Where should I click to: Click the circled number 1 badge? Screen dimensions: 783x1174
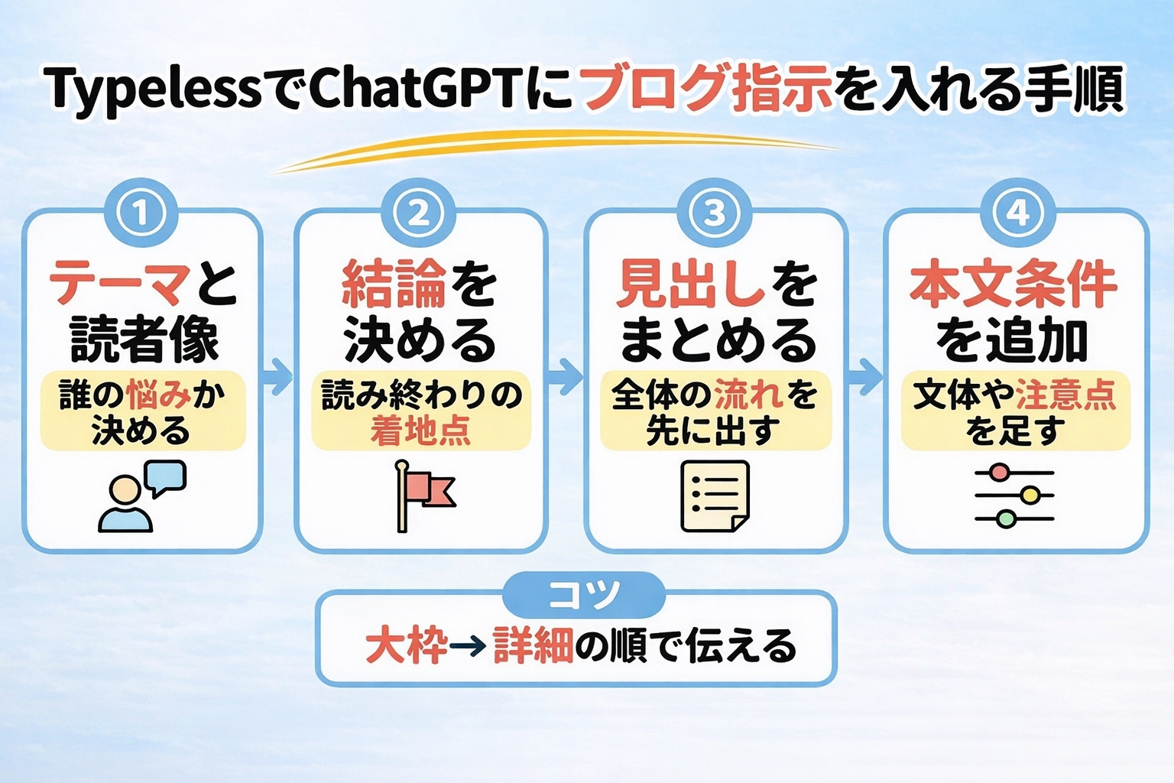click(141, 213)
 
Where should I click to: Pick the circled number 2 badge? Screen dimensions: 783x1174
click(420, 213)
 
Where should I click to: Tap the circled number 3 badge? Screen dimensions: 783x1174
click(715, 213)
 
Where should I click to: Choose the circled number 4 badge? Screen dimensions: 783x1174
click(1017, 213)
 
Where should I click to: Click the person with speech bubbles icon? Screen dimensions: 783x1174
click(142, 495)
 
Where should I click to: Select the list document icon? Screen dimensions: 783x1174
click(715, 495)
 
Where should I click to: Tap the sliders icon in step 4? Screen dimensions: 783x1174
click(1014, 495)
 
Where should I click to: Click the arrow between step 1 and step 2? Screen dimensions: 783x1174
click(278, 375)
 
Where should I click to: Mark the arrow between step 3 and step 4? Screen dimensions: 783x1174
click(865, 375)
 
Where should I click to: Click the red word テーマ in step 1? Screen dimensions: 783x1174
click(118, 284)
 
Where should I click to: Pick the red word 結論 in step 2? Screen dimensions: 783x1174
click(394, 284)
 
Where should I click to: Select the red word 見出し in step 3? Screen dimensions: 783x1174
click(690, 284)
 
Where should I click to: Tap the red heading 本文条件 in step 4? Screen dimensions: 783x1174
click(1013, 284)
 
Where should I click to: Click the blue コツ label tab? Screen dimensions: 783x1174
click(585, 595)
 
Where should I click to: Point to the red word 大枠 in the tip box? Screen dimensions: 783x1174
click(406, 646)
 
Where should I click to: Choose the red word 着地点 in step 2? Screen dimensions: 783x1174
click(420, 431)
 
